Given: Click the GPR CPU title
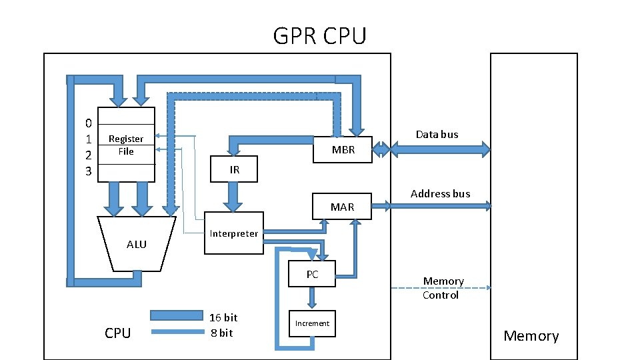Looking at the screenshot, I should [x=319, y=35].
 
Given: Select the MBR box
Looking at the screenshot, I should [x=343, y=150].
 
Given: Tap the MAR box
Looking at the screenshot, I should [x=343, y=207].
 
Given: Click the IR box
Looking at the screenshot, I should [x=234, y=169].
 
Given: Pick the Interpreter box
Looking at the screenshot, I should [x=233, y=233].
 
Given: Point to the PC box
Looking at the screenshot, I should [x=312, y=274].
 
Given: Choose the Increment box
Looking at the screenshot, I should [x=312, y=323].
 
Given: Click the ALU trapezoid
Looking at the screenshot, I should [x=137, y=244].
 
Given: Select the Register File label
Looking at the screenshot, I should [x=126, y=145].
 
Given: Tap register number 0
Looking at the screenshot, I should [x=89, y=123].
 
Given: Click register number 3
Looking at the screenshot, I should [x=89, y=172].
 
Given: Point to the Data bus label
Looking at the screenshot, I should [x=437, y=134].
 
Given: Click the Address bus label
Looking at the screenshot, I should [x=440, y=194].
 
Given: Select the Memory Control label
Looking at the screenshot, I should [x=442, y=288].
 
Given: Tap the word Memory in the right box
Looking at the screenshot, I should [x=531, y=335].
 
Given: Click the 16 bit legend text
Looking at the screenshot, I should [x=223, y=317].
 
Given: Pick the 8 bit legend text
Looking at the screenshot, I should [x=221, y=333].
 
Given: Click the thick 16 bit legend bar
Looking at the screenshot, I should [x=176, y=315].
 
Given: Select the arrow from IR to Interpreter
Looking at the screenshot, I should [x=233, y=195].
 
